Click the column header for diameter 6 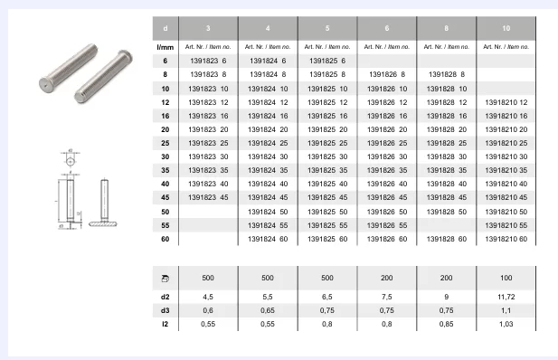pos(387,28)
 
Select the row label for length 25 pos(166,143)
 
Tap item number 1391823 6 pos(208,61)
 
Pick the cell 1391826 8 pos(387,74)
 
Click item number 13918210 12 pos(506,102)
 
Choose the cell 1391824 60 pos(268,239)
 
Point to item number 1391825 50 pos(327,212)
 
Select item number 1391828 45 pos(447,197)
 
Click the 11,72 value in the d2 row pos(506,297)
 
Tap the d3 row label pos(166,310)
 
